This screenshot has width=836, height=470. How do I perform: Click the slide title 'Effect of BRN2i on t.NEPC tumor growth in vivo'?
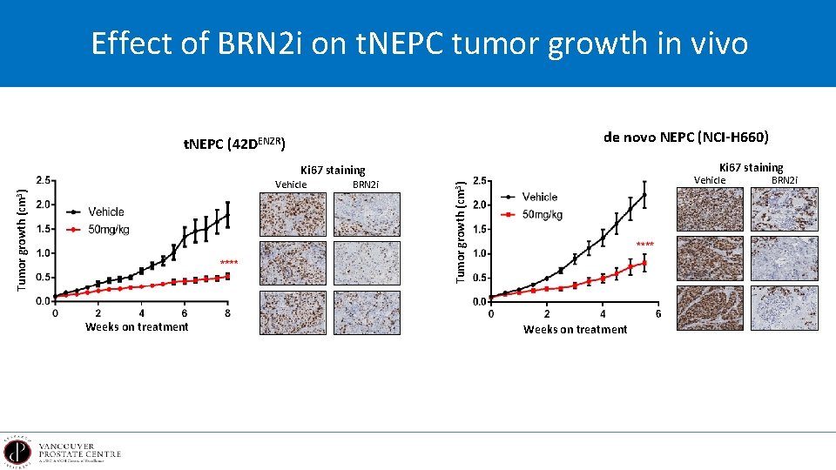[419, 43]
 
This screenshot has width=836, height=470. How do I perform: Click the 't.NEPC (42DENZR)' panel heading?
[235, 144]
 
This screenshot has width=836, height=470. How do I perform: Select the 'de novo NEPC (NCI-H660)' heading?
[685, 137]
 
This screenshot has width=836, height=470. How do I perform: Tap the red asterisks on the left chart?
[229, 263]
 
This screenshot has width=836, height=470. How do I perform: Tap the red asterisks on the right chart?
[645, 245]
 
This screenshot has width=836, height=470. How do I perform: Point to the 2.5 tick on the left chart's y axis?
[43, 181]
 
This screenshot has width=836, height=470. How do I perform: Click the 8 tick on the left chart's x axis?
[227, 313]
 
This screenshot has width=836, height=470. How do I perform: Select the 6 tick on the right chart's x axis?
[657, 314]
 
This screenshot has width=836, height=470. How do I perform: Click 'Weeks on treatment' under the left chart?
[137, 327]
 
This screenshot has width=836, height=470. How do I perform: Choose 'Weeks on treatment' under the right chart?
[575, 329]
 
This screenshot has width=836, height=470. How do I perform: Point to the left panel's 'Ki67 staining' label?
[333, 171]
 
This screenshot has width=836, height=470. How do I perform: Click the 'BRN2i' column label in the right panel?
[784, 180]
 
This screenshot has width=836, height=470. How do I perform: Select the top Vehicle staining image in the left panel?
[293, 213]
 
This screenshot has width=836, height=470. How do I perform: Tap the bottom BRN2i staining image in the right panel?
[785, 309]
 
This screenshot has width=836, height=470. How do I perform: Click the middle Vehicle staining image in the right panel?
[711, 258]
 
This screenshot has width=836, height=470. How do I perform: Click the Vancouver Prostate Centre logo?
[64, 452]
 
